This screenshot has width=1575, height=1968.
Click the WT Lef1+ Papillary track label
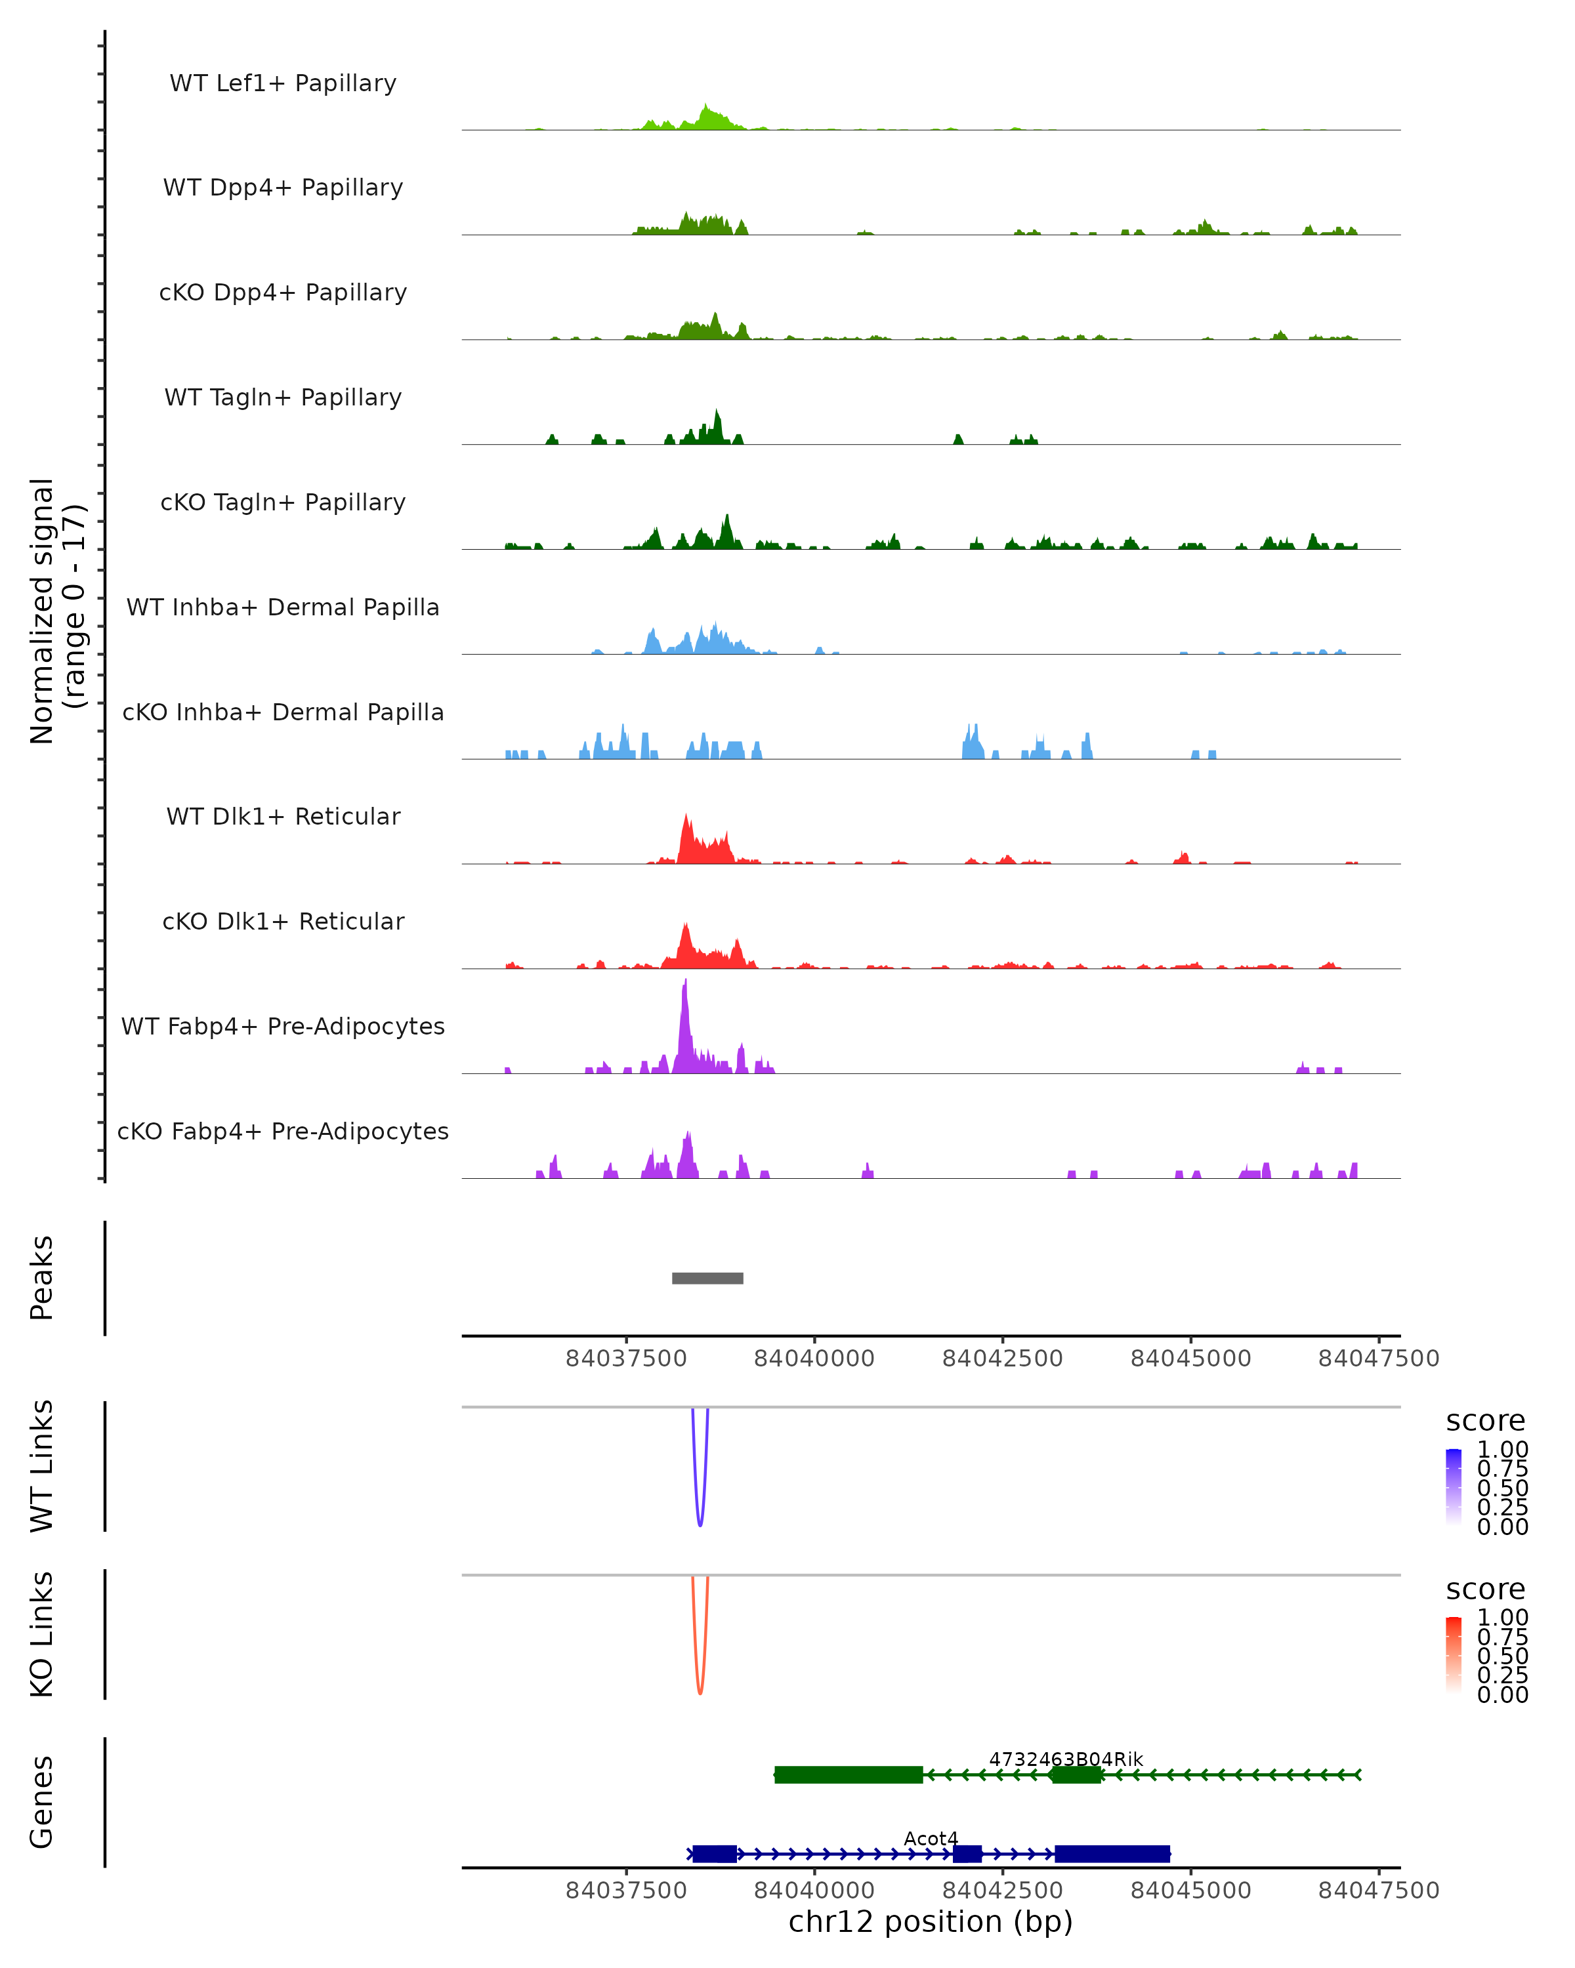point(283,83)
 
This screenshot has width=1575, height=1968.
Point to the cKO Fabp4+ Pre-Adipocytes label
point(283,1131)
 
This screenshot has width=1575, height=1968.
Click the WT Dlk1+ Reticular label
point(283,816)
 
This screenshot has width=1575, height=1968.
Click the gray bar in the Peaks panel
point(707,1278)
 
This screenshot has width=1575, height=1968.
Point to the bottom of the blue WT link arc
point(700,1525)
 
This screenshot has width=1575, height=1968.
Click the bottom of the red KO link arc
point(700,1693)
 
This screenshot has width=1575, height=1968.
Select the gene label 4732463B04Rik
point(1066,1759)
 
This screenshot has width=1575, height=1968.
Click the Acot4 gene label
point(931,1838)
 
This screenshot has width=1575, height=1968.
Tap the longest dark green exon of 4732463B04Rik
point(849,1774)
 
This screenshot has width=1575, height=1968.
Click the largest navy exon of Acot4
point(1112,1854)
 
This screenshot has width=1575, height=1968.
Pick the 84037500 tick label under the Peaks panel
point(625,1359)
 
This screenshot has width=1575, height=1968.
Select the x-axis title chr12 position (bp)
point(931,1921)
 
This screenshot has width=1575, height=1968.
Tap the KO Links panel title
point(42,1635)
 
